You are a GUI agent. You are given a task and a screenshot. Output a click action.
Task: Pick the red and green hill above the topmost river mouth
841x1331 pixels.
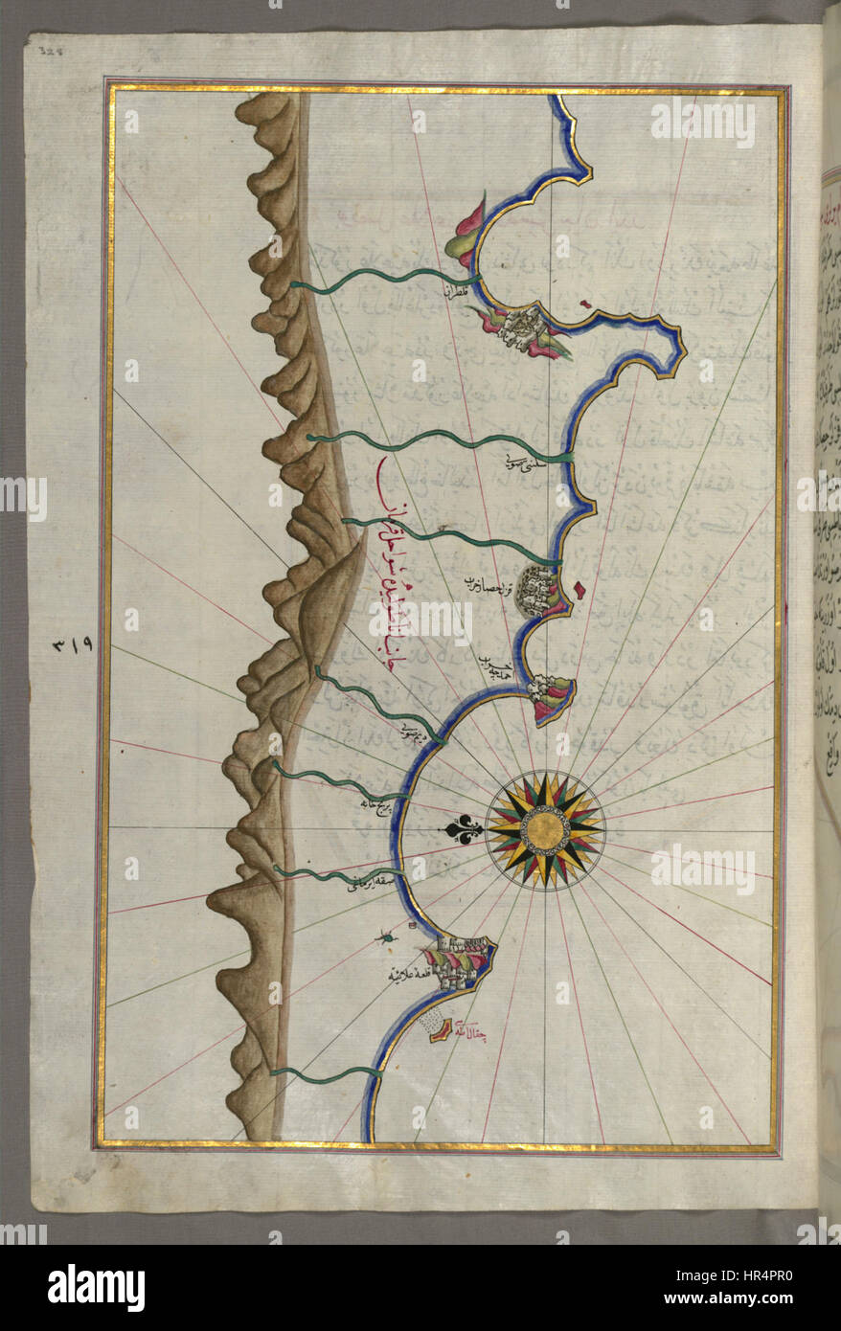pyautogui.click(x=467, y=233)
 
